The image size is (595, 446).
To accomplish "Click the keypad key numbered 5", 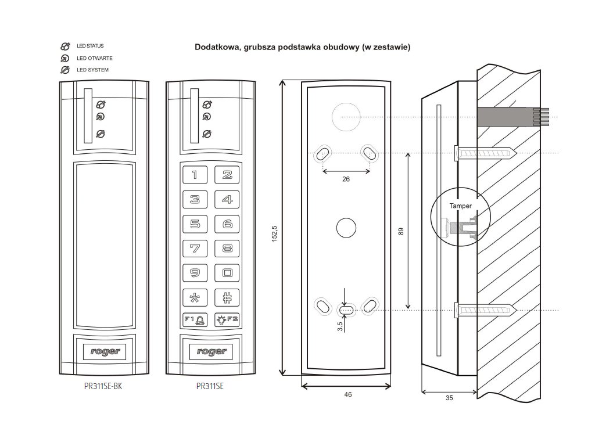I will click(x=195, y=224).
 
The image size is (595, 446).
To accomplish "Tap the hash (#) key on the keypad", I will click(x=227, y=297).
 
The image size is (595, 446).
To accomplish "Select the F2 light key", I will click(x=227, y=319).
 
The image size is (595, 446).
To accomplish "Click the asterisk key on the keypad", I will click(x=195, y=297).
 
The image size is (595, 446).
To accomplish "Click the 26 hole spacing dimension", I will click(x=346, y=179).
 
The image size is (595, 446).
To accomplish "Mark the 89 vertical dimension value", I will click(x=401, y=231).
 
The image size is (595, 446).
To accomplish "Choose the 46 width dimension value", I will click(x=347, y=394).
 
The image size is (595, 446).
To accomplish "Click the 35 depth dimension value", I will click(x=449, y=398).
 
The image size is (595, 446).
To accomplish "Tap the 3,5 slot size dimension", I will click(x=340, y=326).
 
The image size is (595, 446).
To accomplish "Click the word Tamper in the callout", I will click(x=460, y=206).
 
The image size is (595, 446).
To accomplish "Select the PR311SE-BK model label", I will click(x=103, y=385).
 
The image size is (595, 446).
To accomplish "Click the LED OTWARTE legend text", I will click(x=94, y=58).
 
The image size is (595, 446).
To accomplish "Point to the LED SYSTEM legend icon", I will click(x=65, y=70).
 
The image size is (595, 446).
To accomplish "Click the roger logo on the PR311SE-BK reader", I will click(x=103, y=351).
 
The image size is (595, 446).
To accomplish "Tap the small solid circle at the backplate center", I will click(x=346, y=228).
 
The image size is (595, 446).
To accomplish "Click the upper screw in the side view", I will click(x=485, y=153).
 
